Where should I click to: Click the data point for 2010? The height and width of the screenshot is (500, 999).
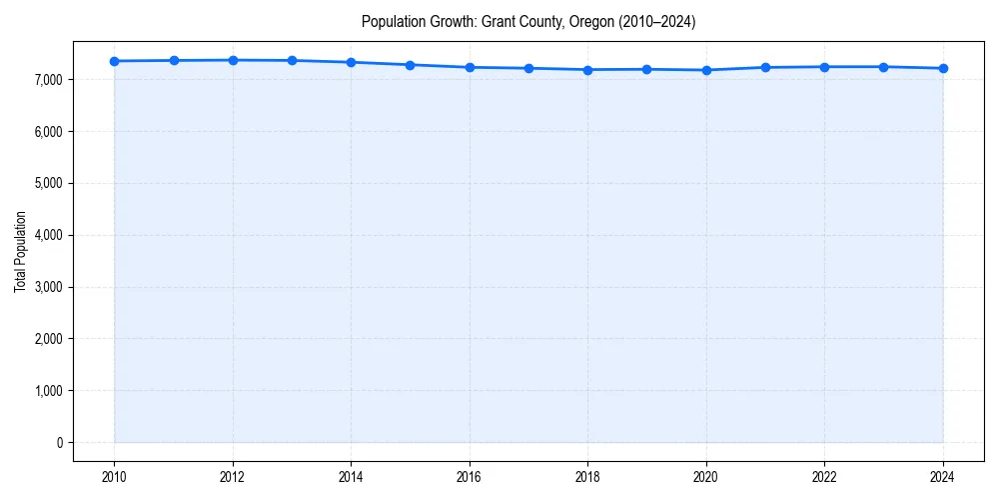[x=115, y=61]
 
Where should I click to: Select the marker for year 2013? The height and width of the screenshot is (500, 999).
[x=292, y=61]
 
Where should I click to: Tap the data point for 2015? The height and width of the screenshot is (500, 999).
[x=411, y=65]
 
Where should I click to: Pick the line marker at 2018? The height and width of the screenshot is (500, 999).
[x=587, y=70]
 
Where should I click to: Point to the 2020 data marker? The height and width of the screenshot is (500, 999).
[x=706, y=70]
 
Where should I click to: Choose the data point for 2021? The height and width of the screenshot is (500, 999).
[x=765, y=67]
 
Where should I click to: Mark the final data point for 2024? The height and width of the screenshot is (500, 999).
[x=943, y=68]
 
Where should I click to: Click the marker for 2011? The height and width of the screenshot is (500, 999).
[x=174, y=60]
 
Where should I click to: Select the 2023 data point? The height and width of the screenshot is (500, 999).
[x=883, y=67]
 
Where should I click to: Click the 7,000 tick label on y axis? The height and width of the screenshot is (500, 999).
[x=48, y=80]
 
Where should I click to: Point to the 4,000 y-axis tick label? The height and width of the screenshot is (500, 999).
[x=48, y=235]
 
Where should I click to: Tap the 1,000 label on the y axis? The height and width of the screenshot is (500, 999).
[x=48, y=391]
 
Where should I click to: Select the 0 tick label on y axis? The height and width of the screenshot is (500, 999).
[x=59, y=443]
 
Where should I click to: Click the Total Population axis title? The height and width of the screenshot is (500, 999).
[x=20, y=251]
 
